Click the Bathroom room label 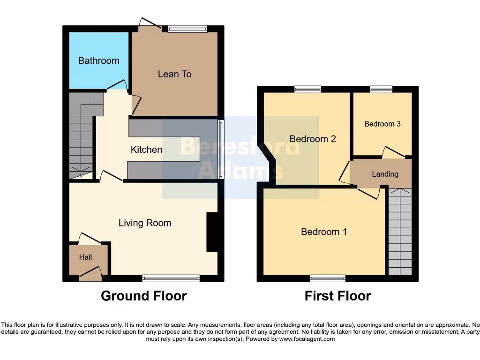point(98,60)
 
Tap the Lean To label point(174,74)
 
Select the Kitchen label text point(146,150)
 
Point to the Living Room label point(144,223)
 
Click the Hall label point(85,257)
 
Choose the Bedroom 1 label point(323,232)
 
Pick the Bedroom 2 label point(313,139)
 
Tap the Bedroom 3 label point(382,124)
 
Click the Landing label point(385,174)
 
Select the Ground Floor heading point(143,296)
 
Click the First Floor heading point(337,296)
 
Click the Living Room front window point(171,278)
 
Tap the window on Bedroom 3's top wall point(381,89)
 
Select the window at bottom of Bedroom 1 point(328,278)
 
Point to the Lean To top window point(187,29)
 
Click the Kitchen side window point(221,149)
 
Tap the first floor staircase point(400,232)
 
